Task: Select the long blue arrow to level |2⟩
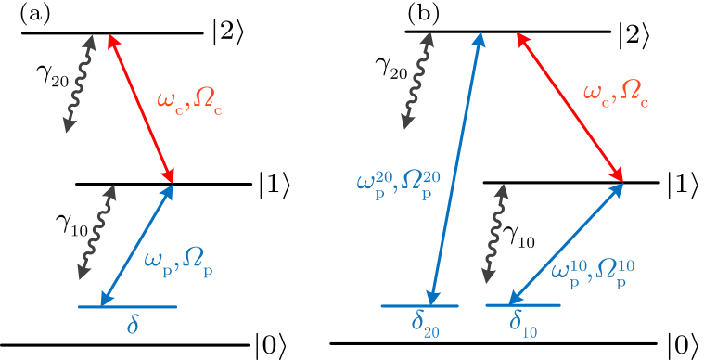pos(454,167)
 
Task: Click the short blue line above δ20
pos(421,305)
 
